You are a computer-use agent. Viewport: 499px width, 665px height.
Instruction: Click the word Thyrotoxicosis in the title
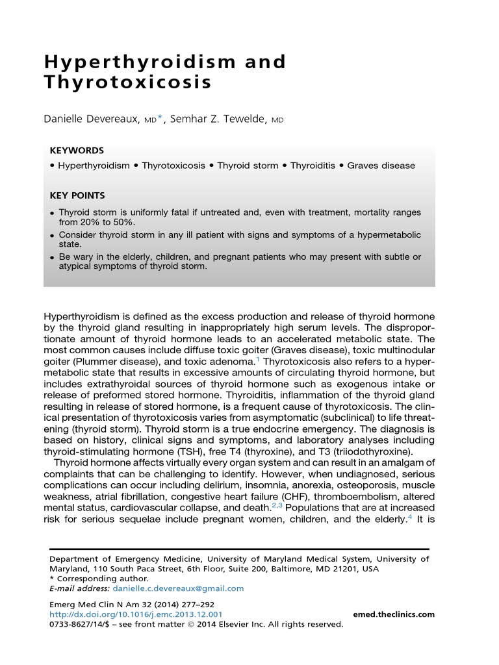(x=127, y=84)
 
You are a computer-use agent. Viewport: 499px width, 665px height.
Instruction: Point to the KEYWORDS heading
(x=77, y=150)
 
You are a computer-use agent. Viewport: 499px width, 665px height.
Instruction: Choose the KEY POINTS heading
(x=77, y=195)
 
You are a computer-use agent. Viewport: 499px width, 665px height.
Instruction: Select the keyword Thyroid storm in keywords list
(x=248, y=166)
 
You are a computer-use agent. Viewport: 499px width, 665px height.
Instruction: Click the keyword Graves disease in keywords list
(x=381, y=166)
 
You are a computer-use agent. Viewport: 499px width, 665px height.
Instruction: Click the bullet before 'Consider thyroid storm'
(x=52, y=235)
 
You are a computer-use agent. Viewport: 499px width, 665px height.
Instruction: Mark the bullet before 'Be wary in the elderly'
(x=52, y=258)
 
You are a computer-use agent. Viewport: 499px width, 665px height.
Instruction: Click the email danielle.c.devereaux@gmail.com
(x=178, y=589)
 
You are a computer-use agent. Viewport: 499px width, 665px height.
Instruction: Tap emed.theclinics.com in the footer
(x=393, y=614)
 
